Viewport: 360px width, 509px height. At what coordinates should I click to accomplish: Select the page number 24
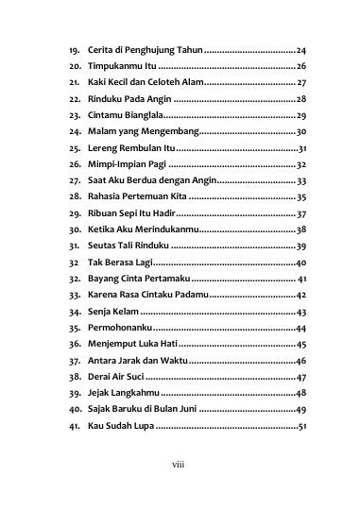point(300,49)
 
